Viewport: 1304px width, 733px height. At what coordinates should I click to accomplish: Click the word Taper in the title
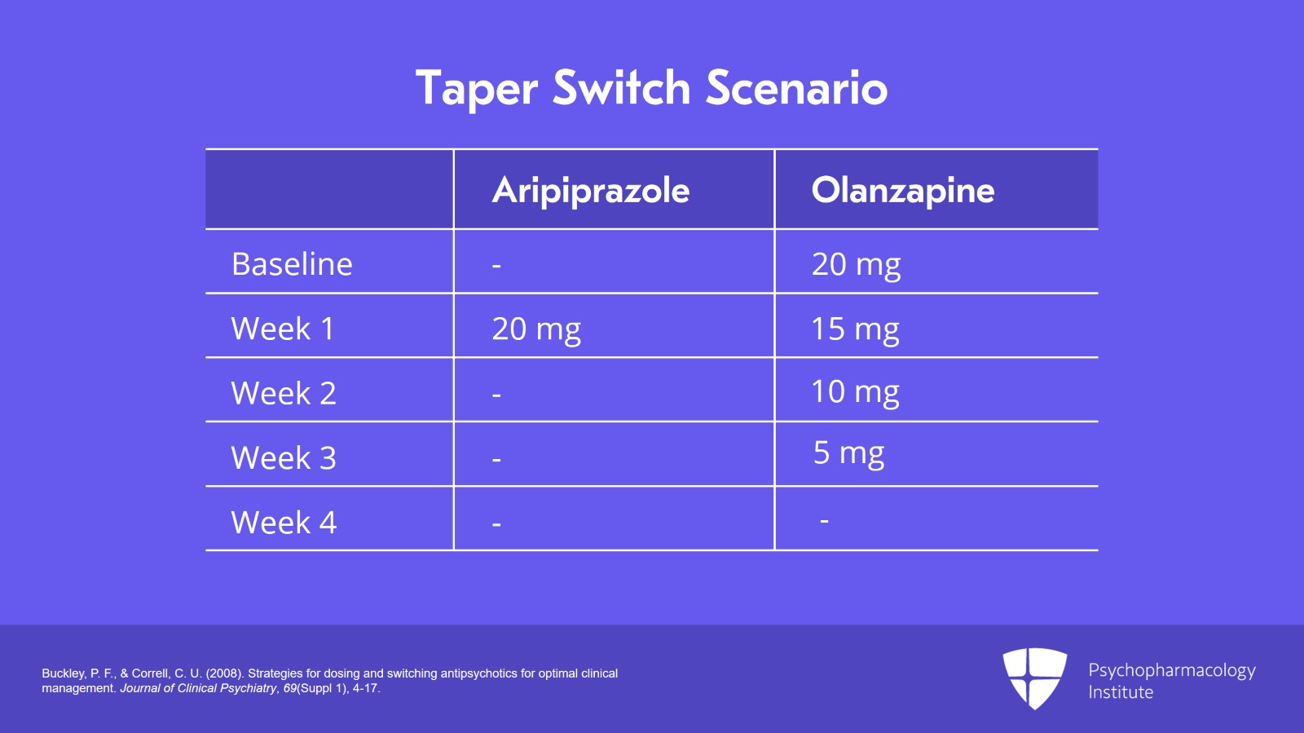(x=477, y=88)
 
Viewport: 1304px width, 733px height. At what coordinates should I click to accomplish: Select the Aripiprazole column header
(x=591, y=191)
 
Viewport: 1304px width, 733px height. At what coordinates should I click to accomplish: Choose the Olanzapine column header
(x=903, y=190)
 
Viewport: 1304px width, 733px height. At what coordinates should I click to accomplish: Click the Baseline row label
(x=292, y=264)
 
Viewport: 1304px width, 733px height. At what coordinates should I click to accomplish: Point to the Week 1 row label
(x=283, y=329)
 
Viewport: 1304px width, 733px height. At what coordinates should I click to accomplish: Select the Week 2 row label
(x=284, y=393)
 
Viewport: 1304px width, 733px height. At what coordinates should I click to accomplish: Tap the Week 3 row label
(x=284, y=457)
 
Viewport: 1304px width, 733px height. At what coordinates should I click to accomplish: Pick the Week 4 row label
(x=284, y=522)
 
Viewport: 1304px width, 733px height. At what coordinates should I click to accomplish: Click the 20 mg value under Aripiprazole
(x=536, y=329)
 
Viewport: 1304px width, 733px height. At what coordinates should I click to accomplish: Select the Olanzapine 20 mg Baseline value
(x=856, y=265)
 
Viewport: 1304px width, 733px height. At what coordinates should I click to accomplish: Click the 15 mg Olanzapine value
(x=855, y=329)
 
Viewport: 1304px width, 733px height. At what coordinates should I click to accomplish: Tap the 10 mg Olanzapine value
(x=855, y=392)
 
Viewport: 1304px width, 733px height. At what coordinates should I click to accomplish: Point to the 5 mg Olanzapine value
(x=848, y=453)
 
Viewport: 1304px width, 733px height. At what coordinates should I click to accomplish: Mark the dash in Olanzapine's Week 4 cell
(x=824, y=520)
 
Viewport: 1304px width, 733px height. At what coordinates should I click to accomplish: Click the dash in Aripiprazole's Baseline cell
(x=496, y=266)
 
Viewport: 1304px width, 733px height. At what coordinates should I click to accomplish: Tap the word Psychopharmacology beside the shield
(x=1171, y=670)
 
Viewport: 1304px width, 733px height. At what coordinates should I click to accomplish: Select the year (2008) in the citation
(x=224, y=673)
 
